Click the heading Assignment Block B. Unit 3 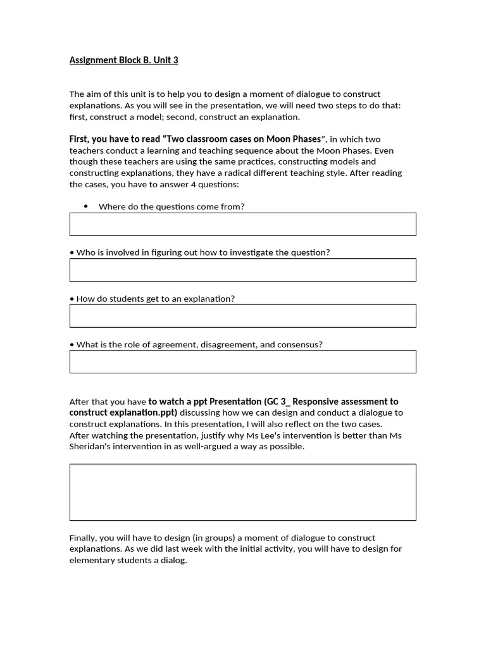coord(123,60)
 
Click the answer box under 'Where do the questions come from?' coord(242,224)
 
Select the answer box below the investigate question coord(242,270)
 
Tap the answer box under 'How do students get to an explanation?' coord(242,316)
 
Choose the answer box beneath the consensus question coord(242,361)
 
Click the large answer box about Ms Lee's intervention coord(242,492)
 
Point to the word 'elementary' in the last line coord(91,560)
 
